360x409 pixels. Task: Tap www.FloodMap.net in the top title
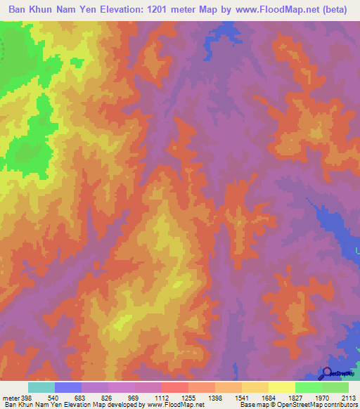(275, 10)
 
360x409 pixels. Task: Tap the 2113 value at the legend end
(349, 398)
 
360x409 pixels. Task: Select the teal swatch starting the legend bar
(41, 387)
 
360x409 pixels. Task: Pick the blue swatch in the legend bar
(68, 387)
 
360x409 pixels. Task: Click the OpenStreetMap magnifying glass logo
(327, 373)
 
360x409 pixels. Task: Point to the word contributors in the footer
(340, 405)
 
